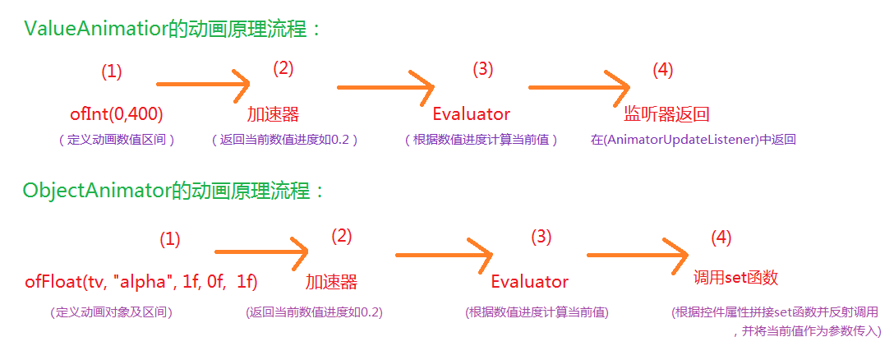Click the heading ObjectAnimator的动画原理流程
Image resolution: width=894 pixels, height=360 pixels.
(x=174, y=192)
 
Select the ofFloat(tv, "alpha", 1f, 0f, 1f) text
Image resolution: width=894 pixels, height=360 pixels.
(x=141, y=282)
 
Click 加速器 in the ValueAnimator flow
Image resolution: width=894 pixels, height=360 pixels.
(x=273, y=114)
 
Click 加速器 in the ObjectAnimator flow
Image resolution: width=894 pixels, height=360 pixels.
(x=331, y=282)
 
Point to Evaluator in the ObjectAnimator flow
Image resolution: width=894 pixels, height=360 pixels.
(x=530, y=282)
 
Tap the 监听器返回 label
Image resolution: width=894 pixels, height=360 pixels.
(x=661, y=114)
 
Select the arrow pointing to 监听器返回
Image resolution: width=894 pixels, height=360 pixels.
(x=580, y=85)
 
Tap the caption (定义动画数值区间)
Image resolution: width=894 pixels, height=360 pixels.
(x=117, y=140)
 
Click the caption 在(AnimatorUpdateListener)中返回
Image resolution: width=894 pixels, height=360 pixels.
(x=693, y=140)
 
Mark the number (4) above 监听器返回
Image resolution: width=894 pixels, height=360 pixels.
(x=662, y=71)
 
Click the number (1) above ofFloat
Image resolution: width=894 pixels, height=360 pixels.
(x=169, y=240)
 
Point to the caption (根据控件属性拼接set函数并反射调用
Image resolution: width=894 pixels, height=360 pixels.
(x=775, y=313)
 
